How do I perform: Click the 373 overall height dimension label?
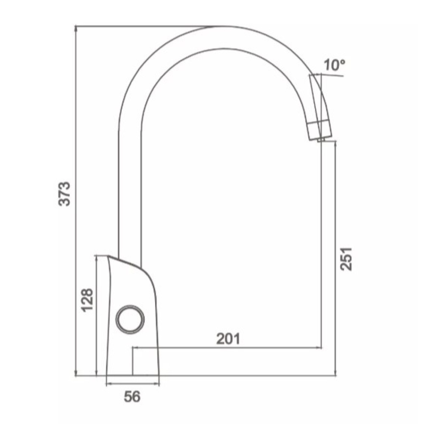point(64,194)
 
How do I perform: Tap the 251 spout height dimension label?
point(346,259)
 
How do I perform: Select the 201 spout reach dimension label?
point(229,338)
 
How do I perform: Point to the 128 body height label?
point(87,301)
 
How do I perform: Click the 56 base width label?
point(132,397)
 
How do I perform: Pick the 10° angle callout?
point(335,65)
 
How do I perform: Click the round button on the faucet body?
point(130,319)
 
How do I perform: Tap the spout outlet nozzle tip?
point(321,139)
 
